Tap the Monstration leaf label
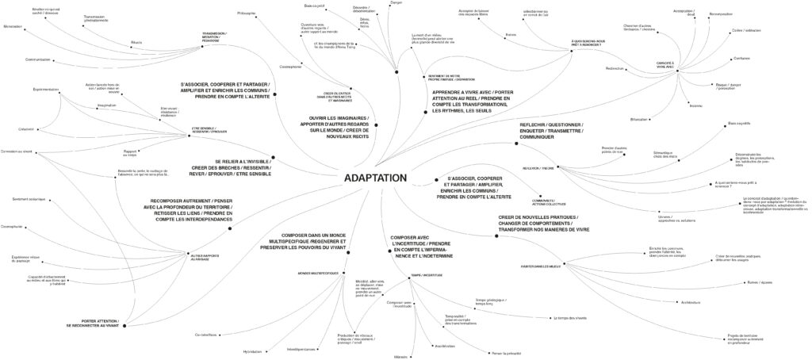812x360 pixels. click(x=13, y=27)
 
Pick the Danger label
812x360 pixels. click(x=397, y=3)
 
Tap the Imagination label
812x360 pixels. click(x=107, y=104)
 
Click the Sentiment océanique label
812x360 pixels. click(x=32, y=198)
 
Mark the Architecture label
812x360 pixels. click(x=668, y=302)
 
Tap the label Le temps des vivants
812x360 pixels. click(x=570, y=318)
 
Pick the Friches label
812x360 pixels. click(x=511, y=34)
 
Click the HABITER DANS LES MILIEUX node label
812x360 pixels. click(x=542, y=265)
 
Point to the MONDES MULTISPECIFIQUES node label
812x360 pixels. click(x=318, y=273)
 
